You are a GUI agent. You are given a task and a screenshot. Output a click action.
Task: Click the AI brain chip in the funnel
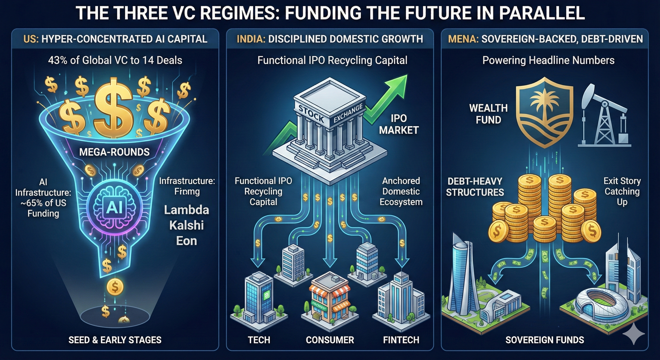click(x=114, y=208)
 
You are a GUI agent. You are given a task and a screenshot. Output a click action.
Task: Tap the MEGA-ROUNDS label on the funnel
click(x=114, y=152)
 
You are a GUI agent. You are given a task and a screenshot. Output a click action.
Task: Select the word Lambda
click(x=186, y=210)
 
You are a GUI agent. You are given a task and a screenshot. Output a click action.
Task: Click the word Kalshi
click(x=186, y=225)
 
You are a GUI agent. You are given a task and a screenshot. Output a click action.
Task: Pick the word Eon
click(x=186, y=241)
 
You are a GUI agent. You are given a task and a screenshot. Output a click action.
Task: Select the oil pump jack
click(x=603, y=116)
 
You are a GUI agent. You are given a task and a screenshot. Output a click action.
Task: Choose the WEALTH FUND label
click(x=488, y=114)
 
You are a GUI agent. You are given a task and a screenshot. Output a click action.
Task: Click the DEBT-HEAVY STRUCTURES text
click(x=475, y=187)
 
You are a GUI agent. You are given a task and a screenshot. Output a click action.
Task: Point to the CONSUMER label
click(x=330, y=340)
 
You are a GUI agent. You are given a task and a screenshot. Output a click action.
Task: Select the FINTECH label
click(x=401, y=340)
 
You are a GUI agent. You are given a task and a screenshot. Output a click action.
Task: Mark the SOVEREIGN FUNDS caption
click(x=545, y=340)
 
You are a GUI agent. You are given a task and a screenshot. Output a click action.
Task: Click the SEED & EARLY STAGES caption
click(x=115, y=340)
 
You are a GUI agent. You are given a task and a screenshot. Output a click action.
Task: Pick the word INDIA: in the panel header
click(x=251, y=39)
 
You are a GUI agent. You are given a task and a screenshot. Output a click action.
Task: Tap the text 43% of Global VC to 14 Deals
click(x=115, y=60)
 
